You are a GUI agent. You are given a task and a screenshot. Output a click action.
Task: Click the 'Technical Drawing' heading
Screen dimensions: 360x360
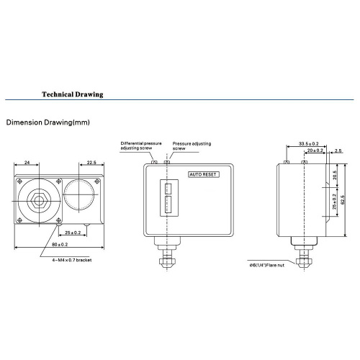73,94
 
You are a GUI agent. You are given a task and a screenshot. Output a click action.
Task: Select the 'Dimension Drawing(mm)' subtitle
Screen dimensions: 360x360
48,122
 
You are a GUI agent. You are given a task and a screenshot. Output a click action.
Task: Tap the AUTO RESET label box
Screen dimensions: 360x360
204,174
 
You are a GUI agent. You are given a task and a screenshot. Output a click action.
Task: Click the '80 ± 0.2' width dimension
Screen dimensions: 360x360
60,245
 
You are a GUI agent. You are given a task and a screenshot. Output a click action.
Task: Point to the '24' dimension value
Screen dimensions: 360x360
27,163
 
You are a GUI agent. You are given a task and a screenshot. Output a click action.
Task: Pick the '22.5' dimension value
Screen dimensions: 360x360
91,163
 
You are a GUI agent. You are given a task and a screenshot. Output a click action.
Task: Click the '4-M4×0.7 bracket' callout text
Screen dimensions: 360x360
72,260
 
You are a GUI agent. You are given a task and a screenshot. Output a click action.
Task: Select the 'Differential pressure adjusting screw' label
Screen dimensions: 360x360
141,145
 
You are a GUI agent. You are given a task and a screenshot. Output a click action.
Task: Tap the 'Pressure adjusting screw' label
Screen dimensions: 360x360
192,146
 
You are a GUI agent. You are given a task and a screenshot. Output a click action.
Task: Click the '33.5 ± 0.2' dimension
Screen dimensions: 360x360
309,144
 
